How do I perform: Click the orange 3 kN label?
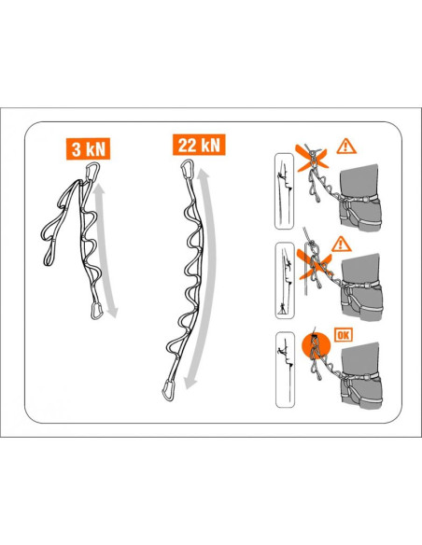tap(83, 147)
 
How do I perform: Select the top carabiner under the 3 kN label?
tap(93, 175)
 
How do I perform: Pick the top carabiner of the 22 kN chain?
tap(187, 174)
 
